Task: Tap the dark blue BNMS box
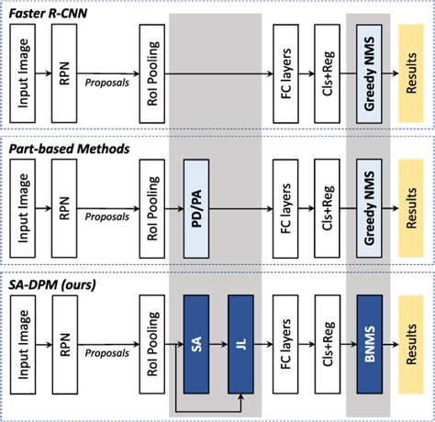point(369,338)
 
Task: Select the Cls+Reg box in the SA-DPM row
point(328,338)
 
